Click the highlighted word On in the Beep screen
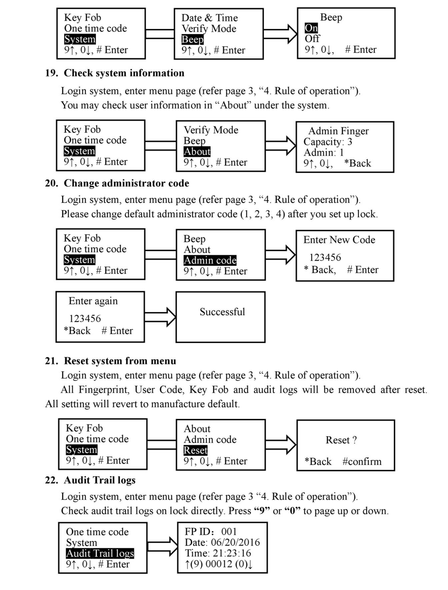pos(311,28)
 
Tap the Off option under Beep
pos(312,39)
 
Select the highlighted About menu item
pos(197,151)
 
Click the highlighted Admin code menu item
pos(210,260)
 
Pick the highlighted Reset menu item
pos(196,450)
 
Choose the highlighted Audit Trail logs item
pos(100,553)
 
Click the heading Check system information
pos(124,73)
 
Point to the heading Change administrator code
pos(127,183)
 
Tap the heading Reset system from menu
pos(120,361)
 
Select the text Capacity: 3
pos(328,142)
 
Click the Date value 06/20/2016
pos(235,542)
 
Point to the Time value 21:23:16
pos(232,553)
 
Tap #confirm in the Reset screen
pos(362,461)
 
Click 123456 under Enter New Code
pos(325,257)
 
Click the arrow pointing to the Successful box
pos(160,317)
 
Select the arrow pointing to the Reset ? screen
pos(281,444)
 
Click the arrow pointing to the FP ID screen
pos(163,546)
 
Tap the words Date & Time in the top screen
pos(210,18)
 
